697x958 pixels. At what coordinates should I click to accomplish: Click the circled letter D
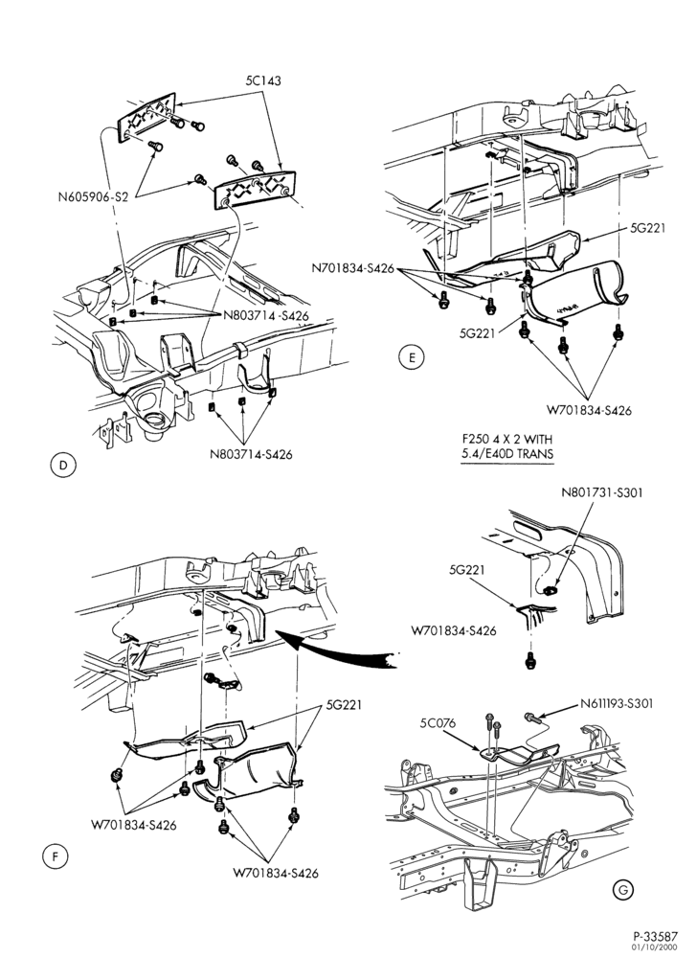coord(63,466)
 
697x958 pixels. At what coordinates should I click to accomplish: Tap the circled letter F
coord(55,856)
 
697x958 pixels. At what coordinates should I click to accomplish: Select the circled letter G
coord(622,890)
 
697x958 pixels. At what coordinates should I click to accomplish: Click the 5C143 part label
coord(263,80)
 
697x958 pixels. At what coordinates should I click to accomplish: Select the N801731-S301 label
coord(602,491)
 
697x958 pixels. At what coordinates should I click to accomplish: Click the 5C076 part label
coord(438,724)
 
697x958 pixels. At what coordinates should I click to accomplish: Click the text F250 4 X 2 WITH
coord(506,439)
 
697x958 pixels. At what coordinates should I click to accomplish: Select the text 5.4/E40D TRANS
coord(506,454)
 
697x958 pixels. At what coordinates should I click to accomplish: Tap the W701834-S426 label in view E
coord(589,410)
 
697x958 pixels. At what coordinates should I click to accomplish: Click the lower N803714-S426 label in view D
coord(251,454)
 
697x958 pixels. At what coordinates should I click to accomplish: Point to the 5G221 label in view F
coord(344,704)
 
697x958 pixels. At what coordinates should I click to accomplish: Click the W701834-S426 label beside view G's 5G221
coord(454,630)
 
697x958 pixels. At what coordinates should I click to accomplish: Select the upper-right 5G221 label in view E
coord(647,229)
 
